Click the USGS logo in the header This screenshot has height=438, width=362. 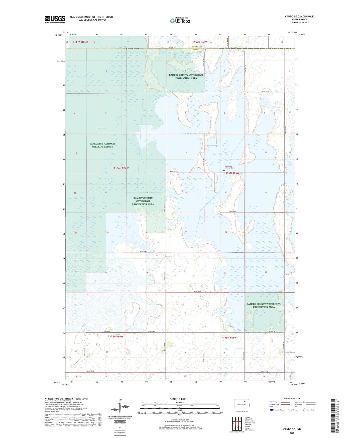(x=55, y=19)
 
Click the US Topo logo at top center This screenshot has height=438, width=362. (x=180, y=21)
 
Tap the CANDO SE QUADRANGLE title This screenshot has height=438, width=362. (x=299, y=17)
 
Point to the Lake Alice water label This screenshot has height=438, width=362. (x=103, y=128)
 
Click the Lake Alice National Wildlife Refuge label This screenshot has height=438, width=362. (x=102, y=145)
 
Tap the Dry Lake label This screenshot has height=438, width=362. (x=290, y=164)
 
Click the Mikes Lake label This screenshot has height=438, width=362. (x=249, y=267)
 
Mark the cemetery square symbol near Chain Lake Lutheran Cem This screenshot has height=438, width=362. (x=224, y=171)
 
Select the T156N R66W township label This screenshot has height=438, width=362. (x=121, y=168)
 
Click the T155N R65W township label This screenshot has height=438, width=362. (x=229, y=338)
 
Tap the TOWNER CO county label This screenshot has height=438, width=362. (x=197, y=47)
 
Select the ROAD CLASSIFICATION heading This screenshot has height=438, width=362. (x=292, y=399)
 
